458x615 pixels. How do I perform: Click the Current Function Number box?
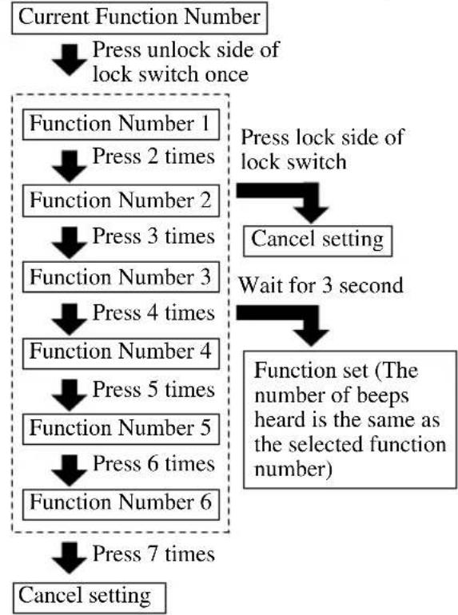139,18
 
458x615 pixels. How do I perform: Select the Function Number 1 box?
121,125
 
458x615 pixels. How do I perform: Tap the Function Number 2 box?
121,200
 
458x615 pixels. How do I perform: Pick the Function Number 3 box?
121,277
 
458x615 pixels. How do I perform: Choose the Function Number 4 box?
121,353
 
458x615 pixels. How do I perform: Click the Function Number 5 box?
121,429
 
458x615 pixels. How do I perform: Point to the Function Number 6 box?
121,505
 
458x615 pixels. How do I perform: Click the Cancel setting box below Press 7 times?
89,597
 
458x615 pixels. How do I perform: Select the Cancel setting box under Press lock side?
317,241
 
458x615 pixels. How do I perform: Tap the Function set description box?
350,419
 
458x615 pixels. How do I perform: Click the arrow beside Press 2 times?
70,166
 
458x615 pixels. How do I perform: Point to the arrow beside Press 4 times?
70,319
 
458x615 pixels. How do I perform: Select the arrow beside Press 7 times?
70,558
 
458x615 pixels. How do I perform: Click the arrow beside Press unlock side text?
70,60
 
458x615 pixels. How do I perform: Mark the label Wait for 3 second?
321,285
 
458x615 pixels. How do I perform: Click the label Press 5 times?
153,390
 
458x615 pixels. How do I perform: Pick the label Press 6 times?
153,464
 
